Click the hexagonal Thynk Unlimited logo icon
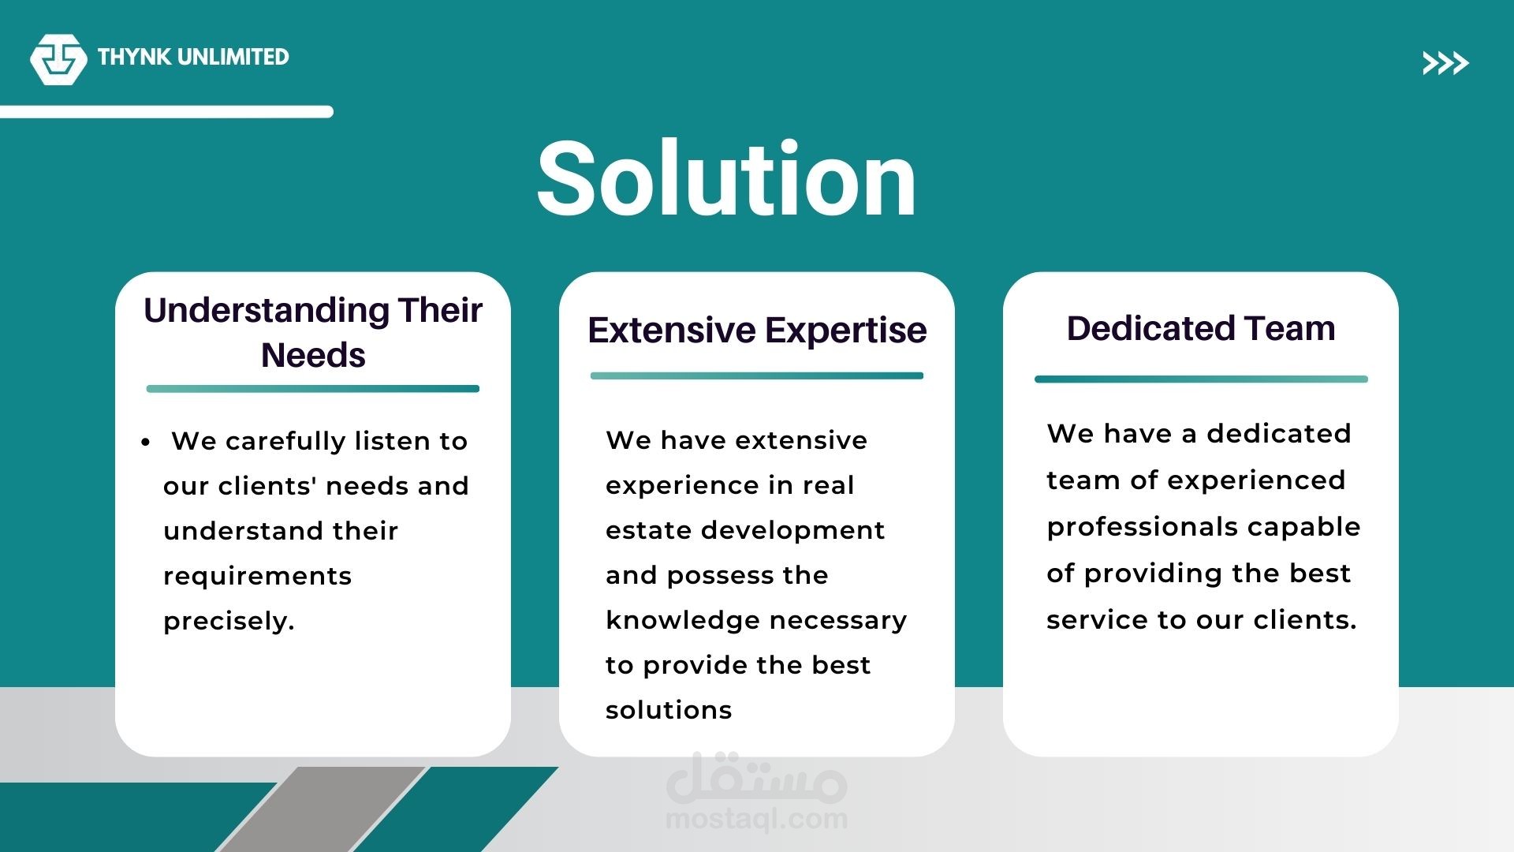[x=58, y=59]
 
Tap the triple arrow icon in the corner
[x=1445, y=63]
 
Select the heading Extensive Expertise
[x=757, y=330]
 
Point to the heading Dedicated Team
[x=1201, y=328]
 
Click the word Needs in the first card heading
[x=313, y=355]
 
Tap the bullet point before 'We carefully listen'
[x=145, y=443]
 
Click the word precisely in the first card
[x=229, y=622]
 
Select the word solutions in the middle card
[x=669, y=710]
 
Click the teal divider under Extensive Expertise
[x=757, y=376]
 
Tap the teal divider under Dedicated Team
[x=1201, y=379]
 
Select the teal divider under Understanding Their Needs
[x=313, y=389]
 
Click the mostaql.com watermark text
[x=757, y=820]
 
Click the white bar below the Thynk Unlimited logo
[x=166, y=112]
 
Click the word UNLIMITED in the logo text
[x=233, y=57]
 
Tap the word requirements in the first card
[x=257, y=577]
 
